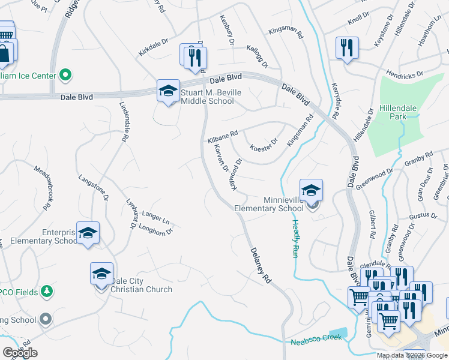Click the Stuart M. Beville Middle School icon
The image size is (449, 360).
click(x=169, y=91)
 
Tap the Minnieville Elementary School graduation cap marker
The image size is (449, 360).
click(x=312, y=191)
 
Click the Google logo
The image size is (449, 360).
click(x=20, y=352)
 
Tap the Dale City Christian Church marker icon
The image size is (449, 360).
click(x=101, y=274)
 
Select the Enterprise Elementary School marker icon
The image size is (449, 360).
click(x=88, y=233)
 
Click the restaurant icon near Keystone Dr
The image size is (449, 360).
click(x=347, y=48)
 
